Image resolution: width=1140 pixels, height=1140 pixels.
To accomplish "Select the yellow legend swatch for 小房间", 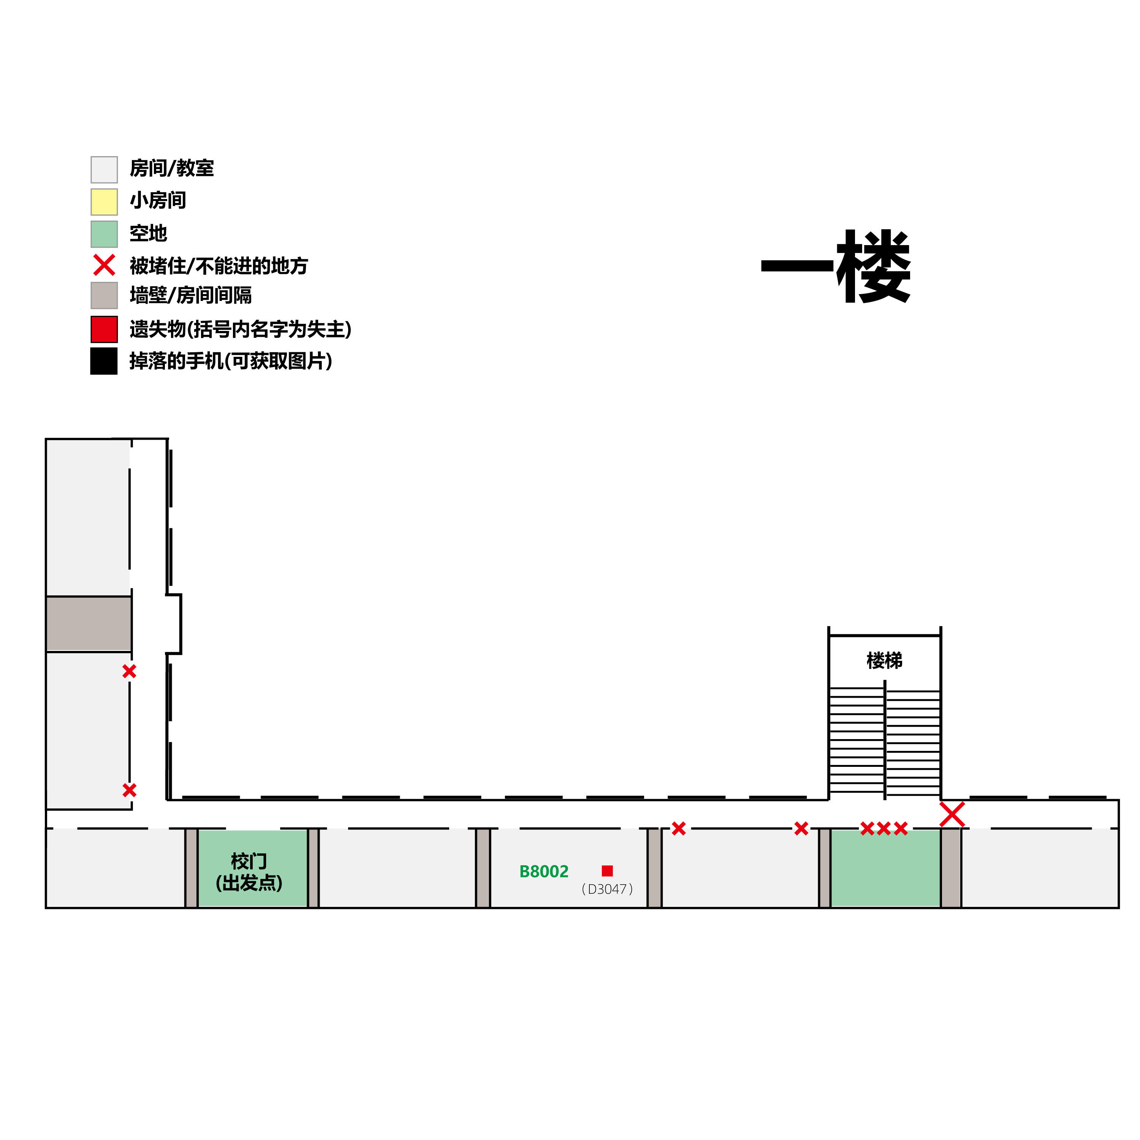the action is coord(104,202).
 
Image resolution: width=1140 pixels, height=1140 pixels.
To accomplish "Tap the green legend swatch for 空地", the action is coord(104,234).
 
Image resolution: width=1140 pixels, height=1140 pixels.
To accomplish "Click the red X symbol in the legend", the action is coord(104,266).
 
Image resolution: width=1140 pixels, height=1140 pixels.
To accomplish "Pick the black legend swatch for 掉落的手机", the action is coord(104,361).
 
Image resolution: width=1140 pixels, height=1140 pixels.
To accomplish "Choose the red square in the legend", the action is coord(104,329).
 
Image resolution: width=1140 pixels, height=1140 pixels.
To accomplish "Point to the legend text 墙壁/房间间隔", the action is coord(191,295).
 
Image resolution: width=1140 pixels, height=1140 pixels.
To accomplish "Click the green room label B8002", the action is coord(543,871).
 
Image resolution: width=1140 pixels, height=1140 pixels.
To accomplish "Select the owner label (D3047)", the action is coord(607,889).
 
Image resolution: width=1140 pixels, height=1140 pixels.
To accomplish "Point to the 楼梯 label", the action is coord(884,660).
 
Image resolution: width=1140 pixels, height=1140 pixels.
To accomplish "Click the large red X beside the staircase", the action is coord(952,814).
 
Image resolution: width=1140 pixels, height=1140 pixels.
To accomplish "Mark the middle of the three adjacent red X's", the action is coord(883,829).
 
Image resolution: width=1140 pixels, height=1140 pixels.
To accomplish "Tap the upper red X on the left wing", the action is coord(129,671).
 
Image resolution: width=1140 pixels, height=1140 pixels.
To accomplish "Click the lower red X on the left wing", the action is coord(129,790).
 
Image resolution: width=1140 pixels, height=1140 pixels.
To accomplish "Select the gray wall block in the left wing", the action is coord(89,624).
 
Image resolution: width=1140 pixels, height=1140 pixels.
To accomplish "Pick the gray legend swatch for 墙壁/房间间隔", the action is coord(104,295).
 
